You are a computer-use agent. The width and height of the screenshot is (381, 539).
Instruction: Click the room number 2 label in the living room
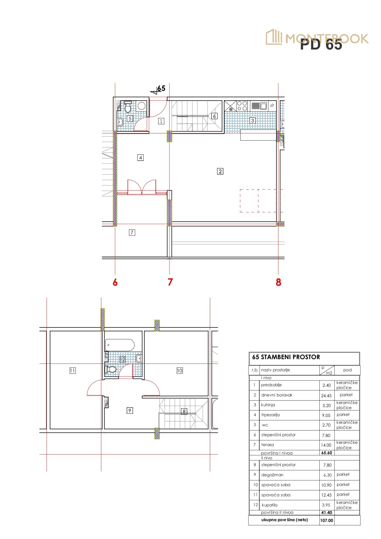click(220, 171)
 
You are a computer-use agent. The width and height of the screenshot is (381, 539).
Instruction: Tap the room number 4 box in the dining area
click(140, 158)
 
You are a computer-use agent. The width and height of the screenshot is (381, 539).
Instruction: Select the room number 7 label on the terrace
click(132, 232)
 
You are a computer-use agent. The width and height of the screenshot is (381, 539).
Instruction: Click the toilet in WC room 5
click(128, 108)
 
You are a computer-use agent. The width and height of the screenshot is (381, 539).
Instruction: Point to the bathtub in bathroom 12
click(120, 345)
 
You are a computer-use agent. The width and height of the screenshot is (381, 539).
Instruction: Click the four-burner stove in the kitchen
click(242, 106)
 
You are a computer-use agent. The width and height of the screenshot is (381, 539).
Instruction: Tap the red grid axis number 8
click(278, 282)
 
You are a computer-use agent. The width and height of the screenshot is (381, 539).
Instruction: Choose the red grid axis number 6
click(115, 282)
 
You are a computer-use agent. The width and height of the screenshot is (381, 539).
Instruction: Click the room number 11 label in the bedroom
click(72, 371)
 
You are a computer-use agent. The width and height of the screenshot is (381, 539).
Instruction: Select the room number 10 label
click(180, 371)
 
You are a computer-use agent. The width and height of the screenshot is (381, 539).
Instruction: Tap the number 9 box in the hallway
click(130, 410)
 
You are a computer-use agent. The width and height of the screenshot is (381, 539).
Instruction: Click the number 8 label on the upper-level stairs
click(184, 412)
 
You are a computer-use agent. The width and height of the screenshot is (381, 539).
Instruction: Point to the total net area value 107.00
click(327, 520)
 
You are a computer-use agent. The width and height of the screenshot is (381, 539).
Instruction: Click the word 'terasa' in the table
click(268, 445)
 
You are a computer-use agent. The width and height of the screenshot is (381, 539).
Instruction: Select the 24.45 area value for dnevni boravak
click(326, 396)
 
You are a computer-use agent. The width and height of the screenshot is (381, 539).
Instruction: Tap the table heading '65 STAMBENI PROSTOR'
click(286, 357)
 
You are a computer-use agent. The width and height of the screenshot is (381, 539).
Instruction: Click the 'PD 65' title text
click(321, 44)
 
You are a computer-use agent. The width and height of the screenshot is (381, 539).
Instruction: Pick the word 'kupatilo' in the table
click(269, 505)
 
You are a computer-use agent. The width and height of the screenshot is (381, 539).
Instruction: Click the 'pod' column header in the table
click(347, 370)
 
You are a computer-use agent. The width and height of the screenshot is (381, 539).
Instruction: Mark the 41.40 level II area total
click(327, 513)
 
